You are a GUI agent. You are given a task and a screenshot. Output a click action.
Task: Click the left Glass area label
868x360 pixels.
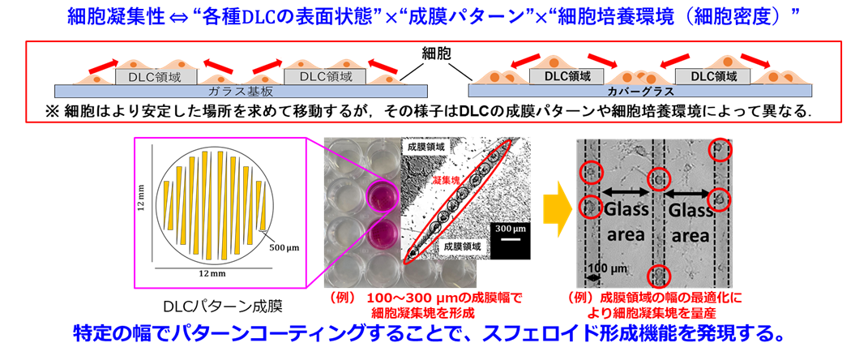[626, 221]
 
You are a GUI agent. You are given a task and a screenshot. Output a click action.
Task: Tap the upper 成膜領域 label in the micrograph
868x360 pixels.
[426, 148]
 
